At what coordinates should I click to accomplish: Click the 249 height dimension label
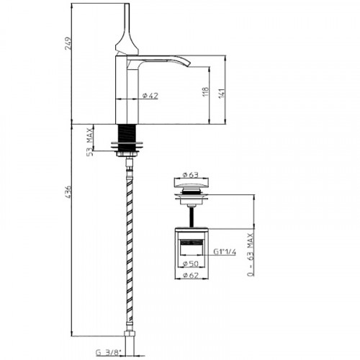(x=68, y=43)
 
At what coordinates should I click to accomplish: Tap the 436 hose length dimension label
(x=68, y=192)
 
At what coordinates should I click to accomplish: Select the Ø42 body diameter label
(x=150, y=96)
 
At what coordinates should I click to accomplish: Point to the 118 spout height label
(x=206, y=92)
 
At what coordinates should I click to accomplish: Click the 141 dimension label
(x=222, y=93)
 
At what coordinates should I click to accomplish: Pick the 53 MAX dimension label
(x=89, y=142)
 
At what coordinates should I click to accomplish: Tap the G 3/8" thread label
(x=109, y=353)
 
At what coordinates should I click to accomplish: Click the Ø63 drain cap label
(x=191, y=175)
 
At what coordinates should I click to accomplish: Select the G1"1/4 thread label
(x=225, y=252)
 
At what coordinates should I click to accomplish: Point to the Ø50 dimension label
(x=191, y=264)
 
